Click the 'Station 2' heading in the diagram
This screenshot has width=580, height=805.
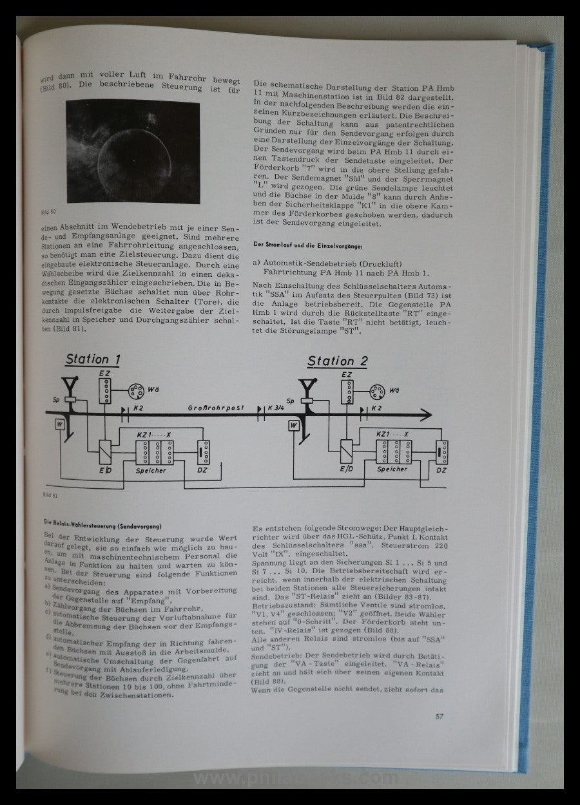point(336,361)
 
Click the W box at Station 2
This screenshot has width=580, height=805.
point(293,425)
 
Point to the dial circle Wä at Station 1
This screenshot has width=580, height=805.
point(136,391)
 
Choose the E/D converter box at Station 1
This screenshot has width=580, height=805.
point(104,449)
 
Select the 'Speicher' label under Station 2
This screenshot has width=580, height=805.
point(392,469)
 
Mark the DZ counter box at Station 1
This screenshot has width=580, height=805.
point(203,453)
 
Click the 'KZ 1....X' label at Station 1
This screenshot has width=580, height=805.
point(156,434)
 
